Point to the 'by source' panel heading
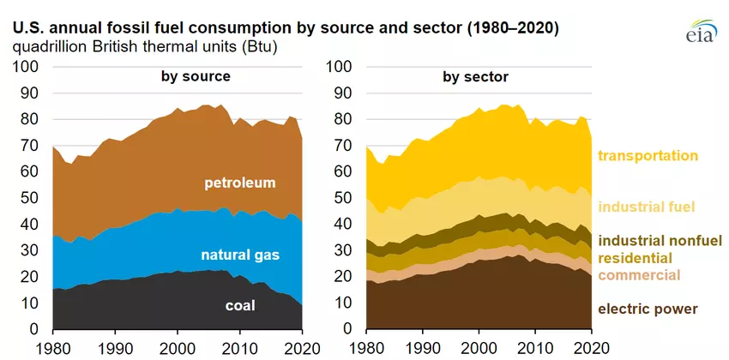click(x=196, y=77)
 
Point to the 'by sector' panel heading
click(x=475, y=77)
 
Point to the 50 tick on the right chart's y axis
click(x=342, y=198)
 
